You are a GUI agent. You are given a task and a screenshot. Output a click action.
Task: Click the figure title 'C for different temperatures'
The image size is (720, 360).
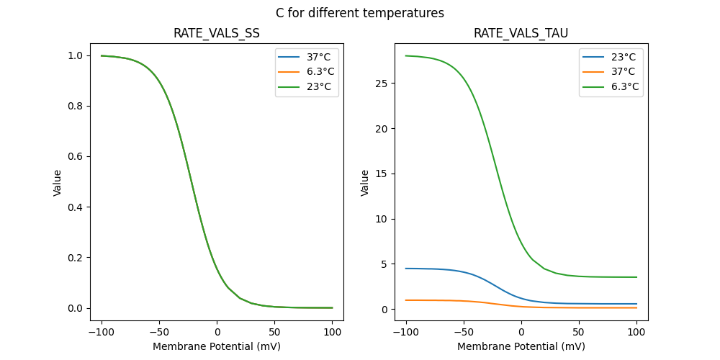click(360, 13)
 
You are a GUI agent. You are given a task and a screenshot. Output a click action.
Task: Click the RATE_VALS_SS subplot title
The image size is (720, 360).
click(217, 34)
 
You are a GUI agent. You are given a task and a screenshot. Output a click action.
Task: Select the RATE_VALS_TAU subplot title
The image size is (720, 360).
click(521, 34)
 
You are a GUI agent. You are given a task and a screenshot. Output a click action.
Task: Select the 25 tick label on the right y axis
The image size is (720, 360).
click(382, 84)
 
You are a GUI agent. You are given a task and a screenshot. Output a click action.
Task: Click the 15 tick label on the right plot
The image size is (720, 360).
click(382, 174)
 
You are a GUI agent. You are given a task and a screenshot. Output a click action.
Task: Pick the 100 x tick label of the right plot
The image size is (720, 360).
click(636, 332)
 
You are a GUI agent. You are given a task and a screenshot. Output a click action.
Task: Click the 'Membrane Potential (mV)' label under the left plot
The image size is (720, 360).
click(217, 346)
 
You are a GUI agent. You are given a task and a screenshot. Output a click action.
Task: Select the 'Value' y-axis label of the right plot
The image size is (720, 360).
click(365, 183)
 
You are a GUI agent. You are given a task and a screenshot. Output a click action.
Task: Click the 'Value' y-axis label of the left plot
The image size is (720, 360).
click(58, 183)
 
